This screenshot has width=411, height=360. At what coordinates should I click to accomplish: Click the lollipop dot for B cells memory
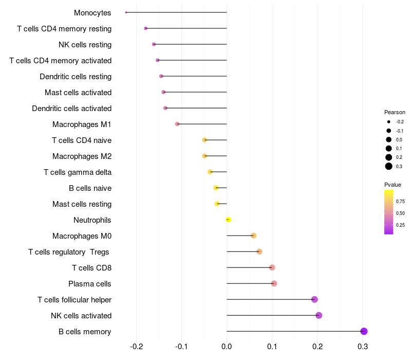tap(364, 331)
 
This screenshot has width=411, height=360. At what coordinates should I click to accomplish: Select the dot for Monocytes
tap(126, 12)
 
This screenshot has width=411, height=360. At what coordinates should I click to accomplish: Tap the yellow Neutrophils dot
tap(228, 220)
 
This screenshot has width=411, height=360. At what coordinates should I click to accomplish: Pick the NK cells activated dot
tap(319, 315)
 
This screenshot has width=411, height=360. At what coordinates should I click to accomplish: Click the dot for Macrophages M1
tap(177, 124)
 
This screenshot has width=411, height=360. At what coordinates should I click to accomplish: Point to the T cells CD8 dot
tap(272, 267)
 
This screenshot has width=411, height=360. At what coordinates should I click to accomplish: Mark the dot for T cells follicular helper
tap(314, 299)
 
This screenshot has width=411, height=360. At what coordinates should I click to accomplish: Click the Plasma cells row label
tap(89, 284)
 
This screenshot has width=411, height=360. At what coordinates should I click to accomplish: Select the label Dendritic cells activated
tap(71, 109)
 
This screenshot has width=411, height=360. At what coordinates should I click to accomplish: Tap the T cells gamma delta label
tap(78, 172)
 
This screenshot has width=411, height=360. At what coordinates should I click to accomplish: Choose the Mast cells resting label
tap(82, 204)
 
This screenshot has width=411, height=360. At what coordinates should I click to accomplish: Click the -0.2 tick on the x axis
tap(137, 347)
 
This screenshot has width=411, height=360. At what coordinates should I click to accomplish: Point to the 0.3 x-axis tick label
tap(363, 347)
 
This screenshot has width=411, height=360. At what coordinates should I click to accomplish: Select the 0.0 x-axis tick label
tap(227, 347)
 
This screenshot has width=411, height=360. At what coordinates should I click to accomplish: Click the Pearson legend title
tap(395, 112)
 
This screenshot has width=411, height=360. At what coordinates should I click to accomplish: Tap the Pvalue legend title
tap(393, 185)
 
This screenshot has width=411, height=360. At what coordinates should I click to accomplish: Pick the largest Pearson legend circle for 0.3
tap(389, 166)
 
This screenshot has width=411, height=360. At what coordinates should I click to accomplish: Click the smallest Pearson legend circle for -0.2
tap(389, 122)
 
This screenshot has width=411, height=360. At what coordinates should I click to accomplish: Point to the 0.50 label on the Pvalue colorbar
tap(400, 213)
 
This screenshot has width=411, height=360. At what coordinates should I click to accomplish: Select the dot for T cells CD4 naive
tap(204, 140)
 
